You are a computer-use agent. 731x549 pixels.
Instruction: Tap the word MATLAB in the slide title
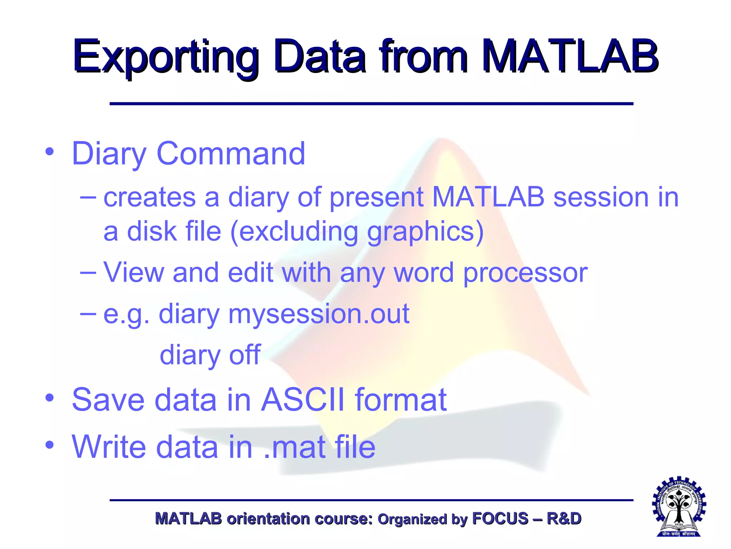click(570, 57)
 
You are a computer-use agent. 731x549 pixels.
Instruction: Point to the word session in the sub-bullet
click(601, 197)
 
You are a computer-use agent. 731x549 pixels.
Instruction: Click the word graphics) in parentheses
click(425, 232)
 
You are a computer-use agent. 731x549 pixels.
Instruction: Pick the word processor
click(525, 273)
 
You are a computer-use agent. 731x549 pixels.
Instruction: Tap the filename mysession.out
click(319, 314)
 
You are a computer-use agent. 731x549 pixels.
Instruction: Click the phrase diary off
click(210, 355)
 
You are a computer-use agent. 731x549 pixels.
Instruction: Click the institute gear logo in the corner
click(679, 506)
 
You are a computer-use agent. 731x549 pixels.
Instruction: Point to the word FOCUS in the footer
click(500, 519)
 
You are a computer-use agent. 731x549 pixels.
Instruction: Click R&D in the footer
click(564, 519)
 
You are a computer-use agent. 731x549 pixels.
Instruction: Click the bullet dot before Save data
click(50, 397)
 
